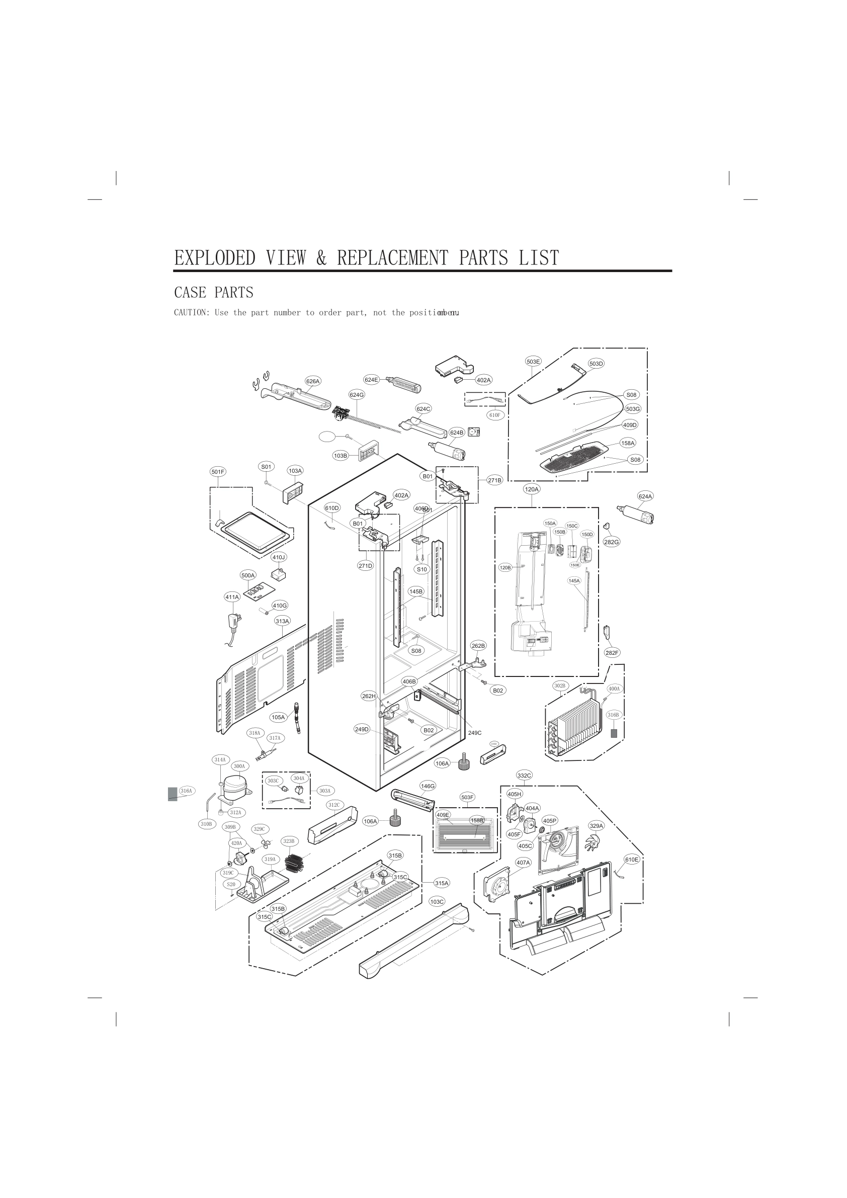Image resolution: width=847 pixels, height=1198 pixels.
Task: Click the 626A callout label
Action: coord(313,381)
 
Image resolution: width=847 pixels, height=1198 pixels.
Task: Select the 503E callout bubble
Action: coord(533,362)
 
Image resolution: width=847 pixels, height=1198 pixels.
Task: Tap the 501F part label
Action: coord(218,472)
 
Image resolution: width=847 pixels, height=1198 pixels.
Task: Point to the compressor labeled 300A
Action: coord(234,788)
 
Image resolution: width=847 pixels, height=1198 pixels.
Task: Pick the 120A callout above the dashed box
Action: coord(532,489)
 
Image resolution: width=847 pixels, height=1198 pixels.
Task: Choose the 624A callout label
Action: coord(645,496)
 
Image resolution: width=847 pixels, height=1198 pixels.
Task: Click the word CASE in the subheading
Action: coord(190,293)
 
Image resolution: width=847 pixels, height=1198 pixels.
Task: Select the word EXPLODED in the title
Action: coord(214,258)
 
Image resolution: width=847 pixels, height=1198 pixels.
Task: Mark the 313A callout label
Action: coord(282,621)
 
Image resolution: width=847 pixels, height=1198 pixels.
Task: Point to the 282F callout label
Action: coord(612,653)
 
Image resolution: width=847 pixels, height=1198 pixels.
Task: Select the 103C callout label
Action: coord(437,901)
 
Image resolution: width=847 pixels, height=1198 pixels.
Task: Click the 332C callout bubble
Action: coord(525,776)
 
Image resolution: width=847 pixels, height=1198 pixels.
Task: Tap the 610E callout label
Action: coord(631,860)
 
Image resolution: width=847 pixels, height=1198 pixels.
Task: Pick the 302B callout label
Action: coord(560,685)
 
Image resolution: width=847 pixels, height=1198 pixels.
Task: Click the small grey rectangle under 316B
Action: coord(614,733)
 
